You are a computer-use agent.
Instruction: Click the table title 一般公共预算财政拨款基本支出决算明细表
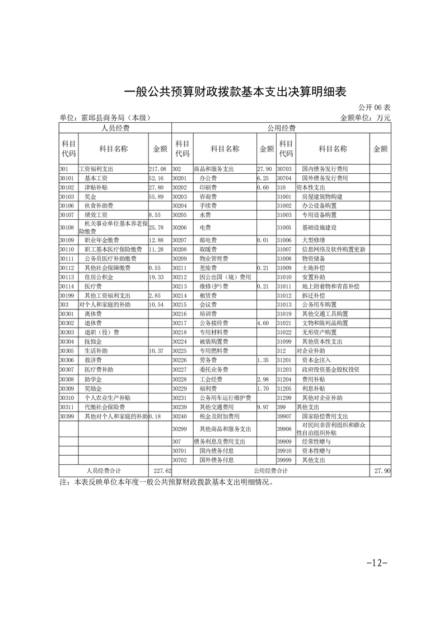tap(222, 92)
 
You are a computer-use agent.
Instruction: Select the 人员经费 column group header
tap(115, 128)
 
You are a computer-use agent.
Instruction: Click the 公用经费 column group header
tap(281, 128)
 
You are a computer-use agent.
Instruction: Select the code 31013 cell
tap(285, 304)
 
